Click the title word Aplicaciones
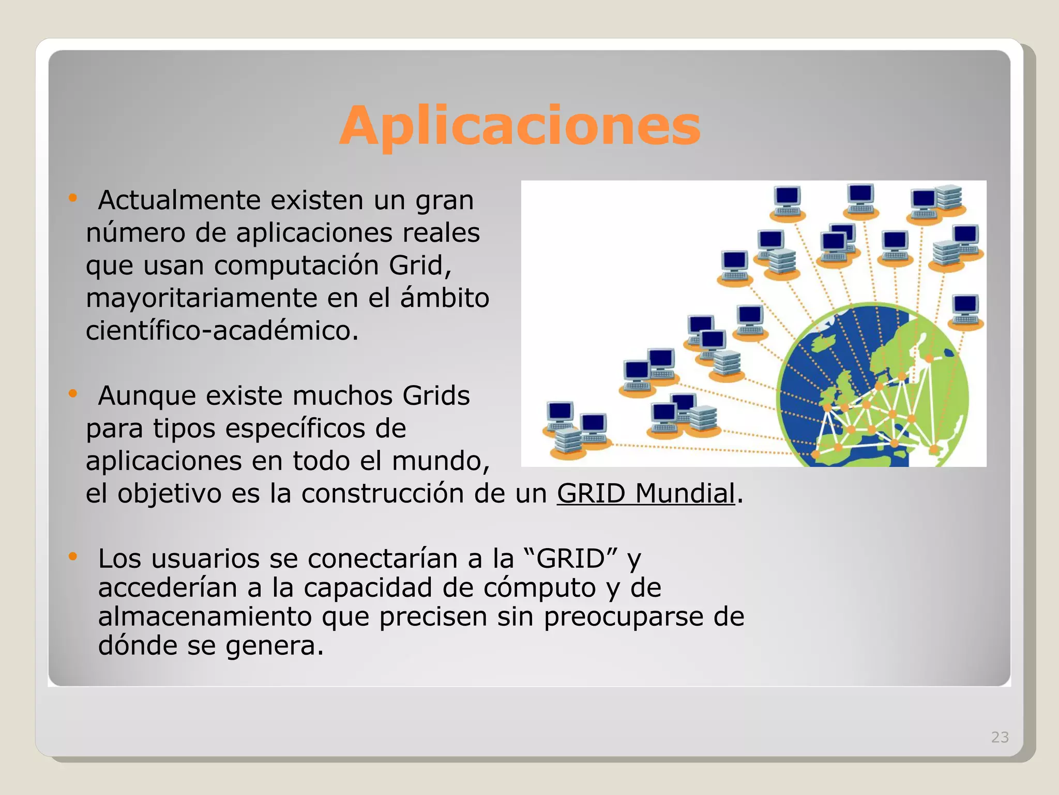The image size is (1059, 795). pyautogui.click(x=520, y=126)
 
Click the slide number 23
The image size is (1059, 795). pyautogui.click(x=1000, y=737)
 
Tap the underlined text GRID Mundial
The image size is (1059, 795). pyautogui.click(x=646, y=493)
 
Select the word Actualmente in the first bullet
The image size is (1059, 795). pyautogui.click(x=179, y=200)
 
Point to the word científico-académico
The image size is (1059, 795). pyautogui.click(x=222, y=331)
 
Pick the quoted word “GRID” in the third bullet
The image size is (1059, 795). pyautogui.click(x=570, y=558)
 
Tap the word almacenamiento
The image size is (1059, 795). pyautogui.click(x=205, y=617)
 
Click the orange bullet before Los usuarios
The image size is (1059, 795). pyautogui.click(x=72, y=557)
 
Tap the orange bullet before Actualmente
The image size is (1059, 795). pyautogui.click(x=72, y=198)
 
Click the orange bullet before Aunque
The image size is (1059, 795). pyautogui.click(x=72, y=394)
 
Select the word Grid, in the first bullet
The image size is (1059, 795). pyautogui.click(x=420, y=266)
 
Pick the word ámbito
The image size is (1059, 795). pyautogui.click(x=445, y=298)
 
